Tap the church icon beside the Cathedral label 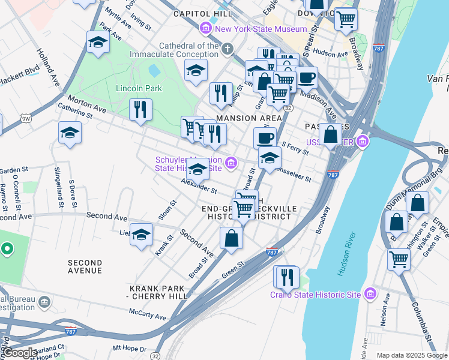click(x=228, y=49)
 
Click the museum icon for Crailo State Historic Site click(x=371, y=293)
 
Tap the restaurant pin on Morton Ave click(x=141, y=110)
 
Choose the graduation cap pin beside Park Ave click(x=98, y=43)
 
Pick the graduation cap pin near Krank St click(x=142, y=235)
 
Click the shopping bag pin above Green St click(x=231, y=238)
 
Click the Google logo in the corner click(x=19, y=353)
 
